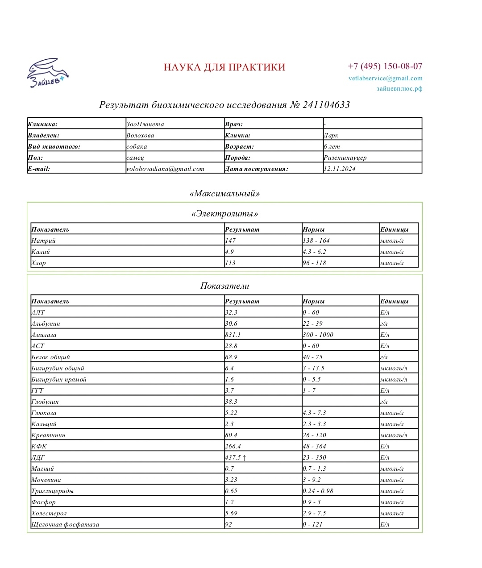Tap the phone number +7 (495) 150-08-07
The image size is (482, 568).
point(385,66)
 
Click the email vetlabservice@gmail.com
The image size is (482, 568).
point(385,78)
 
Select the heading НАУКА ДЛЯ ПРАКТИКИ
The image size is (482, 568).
point(224,67)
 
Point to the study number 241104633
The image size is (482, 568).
point(326,105)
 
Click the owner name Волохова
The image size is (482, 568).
point(140,135)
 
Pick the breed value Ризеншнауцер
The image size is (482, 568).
point(345,158)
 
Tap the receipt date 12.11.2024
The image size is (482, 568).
point(340,169)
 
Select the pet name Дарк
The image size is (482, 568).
point(331,135)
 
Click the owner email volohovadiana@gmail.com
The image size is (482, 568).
point(165,169)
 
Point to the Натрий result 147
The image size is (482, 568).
point(230,240)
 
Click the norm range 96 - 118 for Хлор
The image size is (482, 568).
point(314,263)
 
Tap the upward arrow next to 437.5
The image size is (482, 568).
point(244,457)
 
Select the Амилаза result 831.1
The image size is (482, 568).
point(233,335)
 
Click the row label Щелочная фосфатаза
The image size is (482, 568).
point(65,524)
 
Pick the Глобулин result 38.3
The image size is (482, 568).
point(231,402)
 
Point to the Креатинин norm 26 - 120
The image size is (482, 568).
point(314,435)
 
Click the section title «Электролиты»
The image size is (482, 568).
point(224,214)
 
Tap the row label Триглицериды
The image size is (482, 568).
point(52,491)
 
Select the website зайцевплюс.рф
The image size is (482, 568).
point(399,89)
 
